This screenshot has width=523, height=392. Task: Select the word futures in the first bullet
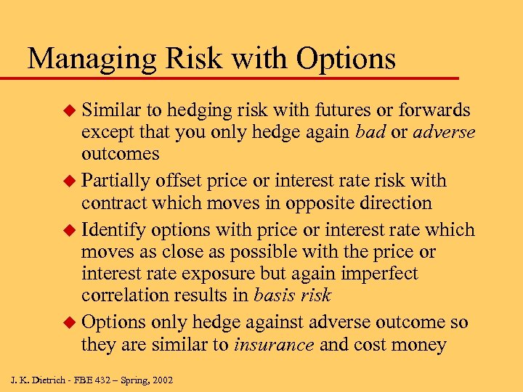coord(346,110)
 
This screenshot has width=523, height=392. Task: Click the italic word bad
coord(370,132)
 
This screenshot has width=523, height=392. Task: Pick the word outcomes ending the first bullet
coord(120,155)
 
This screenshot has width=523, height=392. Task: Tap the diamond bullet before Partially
coord(70,181)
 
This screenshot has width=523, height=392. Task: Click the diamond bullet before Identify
coord(70,230)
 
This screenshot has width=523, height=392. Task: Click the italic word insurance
coord(274,344)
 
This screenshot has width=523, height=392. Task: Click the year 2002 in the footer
coord(161,380)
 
